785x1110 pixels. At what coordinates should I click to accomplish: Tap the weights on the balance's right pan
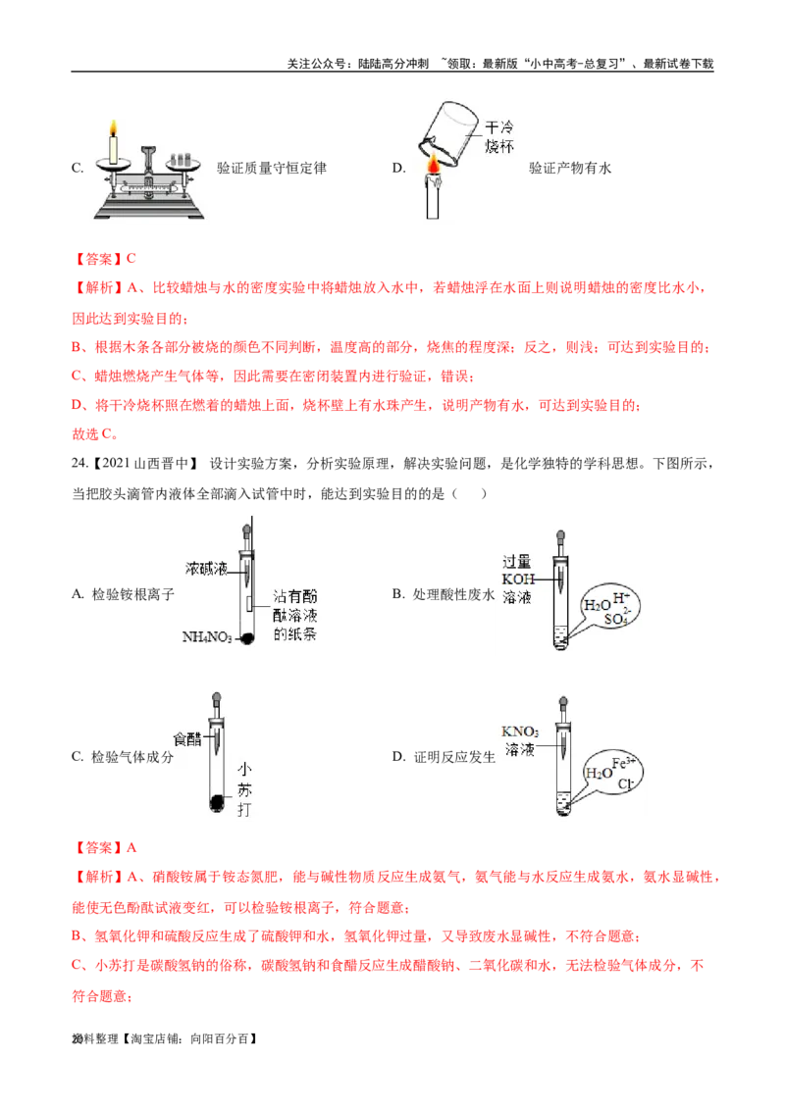click(180, 158)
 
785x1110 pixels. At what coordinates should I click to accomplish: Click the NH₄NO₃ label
click(206, 638)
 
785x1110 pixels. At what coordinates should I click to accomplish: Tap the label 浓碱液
click(206, 568)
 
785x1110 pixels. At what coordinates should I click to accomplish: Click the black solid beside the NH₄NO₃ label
click(248, 638)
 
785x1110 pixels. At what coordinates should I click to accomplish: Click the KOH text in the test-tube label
click(516, 579)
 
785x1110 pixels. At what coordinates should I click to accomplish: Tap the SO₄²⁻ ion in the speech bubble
click(618, 620)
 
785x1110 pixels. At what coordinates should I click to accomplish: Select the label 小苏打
click(244, 790)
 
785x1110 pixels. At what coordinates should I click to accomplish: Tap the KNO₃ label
click(520, 732)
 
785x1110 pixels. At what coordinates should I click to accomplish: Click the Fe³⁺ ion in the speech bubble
click(621, 761)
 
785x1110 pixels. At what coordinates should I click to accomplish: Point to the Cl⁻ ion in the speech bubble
click(625, 785)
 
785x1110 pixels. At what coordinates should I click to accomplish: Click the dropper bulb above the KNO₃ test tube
click(563, 704)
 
